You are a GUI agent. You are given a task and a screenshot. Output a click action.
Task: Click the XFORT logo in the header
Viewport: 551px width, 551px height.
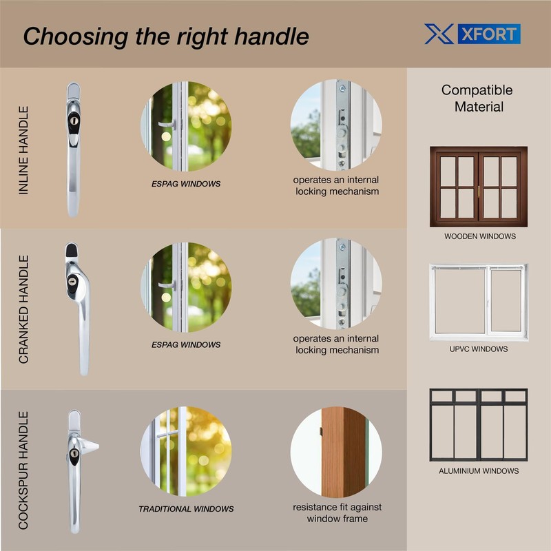coord(472,34)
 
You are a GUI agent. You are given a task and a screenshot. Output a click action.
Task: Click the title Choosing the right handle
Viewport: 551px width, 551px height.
coord(166,36)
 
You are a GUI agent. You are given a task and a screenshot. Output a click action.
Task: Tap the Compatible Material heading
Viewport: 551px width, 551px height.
coord(477,98)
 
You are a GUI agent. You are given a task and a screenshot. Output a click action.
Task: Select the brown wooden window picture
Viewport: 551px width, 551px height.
coord(478,186)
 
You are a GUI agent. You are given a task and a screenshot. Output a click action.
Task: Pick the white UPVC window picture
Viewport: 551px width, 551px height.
coord(478,302)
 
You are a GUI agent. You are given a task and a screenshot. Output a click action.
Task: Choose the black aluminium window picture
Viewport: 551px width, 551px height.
coord(478,424)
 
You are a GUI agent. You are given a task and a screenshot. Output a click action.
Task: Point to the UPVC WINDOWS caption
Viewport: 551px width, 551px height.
coord(478,349)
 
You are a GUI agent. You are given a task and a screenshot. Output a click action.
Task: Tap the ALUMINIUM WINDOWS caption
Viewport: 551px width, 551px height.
coord(479,471)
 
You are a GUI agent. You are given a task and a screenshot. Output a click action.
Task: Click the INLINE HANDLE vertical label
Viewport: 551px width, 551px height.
coord(24,149)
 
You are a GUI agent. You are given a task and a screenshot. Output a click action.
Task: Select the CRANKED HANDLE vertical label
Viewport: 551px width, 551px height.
coord(24,309)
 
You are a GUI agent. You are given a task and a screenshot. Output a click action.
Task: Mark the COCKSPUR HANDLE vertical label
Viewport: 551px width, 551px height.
coord(24,470)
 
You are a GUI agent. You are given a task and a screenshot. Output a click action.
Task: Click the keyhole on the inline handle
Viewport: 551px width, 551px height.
coord(74,119)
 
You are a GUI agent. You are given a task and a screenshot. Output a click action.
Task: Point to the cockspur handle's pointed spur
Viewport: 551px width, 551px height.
coord(93,446)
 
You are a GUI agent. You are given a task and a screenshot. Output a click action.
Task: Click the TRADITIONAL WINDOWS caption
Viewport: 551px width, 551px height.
coord(186,509)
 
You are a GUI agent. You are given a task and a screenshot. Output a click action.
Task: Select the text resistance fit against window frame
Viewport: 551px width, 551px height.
coord(337,512)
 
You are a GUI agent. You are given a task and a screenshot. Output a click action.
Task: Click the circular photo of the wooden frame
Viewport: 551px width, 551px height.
coord(336,452)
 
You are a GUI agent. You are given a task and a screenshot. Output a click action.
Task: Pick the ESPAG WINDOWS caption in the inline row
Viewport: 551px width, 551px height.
coord(186,185)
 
